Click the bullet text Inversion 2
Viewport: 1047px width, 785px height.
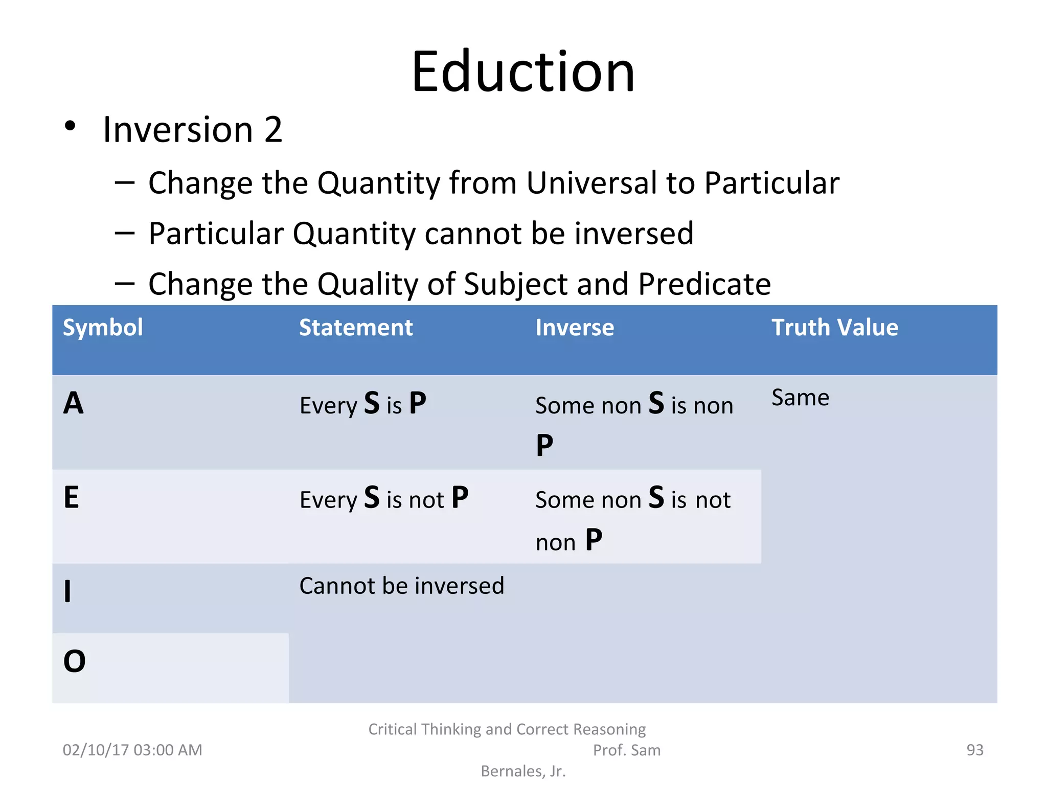(x=192, y=130)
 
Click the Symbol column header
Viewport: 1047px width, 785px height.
(x=103, y=328)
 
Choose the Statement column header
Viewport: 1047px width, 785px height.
(x=356, y=328)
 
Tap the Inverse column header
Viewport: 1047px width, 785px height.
(x=575, y=328)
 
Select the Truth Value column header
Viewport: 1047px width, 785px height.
(x=834, y=328)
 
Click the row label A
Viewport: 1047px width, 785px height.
(x=74, y=404)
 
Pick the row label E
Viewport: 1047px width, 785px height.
(x=72, y=498)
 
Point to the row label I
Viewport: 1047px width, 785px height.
(x=67, y=592)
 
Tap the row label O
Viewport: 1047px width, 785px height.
(x=75, y=661)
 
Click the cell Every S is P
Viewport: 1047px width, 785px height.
(x=362, y=404)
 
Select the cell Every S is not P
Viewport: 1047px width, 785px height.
(x=383, y=498)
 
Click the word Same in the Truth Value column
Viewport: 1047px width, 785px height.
(x=800, y=398)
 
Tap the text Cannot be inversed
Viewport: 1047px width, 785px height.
(x=402, y=586)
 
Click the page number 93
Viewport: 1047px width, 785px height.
(x=974, y=750)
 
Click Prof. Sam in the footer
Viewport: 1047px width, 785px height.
(x=626, y=750)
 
